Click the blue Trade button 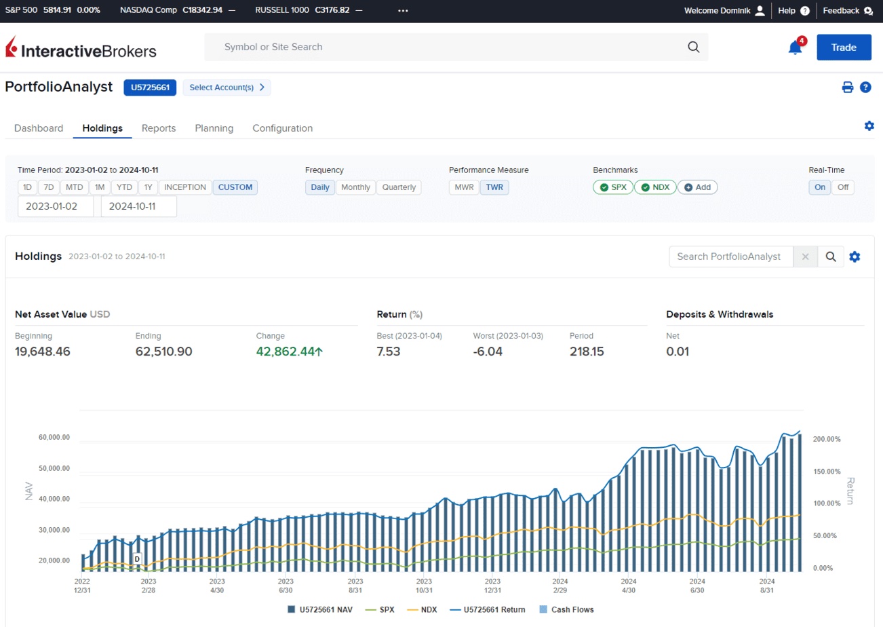tap(844, 47)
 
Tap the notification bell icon tap(795, 48)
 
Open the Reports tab tap(159, 128)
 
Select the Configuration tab tap(282, 128)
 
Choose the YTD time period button tap(124, 187)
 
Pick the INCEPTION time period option tap(185, 187)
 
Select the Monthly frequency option tap(355, 187)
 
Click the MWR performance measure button tap(464, 187)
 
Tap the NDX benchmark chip tap(655, 187)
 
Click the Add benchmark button tap(697, 187)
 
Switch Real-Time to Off tap(843, 187)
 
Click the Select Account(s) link tap(227, 88)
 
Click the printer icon tap(847, 87)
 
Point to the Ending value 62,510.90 tap(163, 351)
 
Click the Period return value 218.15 tap(587, 351)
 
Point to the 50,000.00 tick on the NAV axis tap(54, 468)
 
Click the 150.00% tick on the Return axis tap(827, 471)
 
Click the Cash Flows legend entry tap(566, 609)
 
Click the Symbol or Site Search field tap(456, 47)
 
